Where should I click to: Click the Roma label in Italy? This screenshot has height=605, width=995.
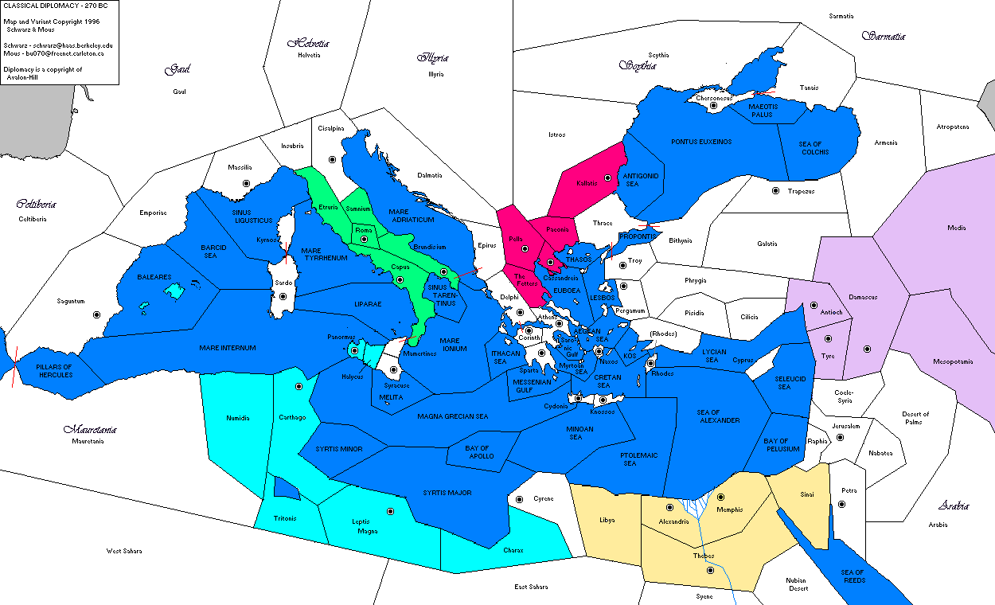coord(364,230)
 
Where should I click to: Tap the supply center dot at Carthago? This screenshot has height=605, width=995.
coord(298,386)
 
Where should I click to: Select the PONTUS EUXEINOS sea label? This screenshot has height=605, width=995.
coord(700,142)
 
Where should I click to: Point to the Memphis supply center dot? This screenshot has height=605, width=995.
coord(720,497)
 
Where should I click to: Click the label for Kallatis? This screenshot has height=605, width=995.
coord(586,183)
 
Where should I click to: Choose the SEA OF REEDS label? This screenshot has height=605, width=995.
coord(853,576)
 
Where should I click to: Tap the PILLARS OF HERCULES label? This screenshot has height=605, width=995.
coord(55,370)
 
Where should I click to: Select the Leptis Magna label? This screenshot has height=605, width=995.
coord(365,526)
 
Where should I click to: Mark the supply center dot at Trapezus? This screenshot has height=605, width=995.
coord(775,190)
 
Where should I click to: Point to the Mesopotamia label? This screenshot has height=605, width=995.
coord(953,361)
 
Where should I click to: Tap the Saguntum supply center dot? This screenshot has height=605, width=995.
coord(96,314)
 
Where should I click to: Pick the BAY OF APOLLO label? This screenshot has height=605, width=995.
coord(481,452)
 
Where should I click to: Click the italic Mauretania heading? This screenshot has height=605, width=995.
coord(91,430)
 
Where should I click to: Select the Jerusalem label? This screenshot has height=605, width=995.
coord(845,426)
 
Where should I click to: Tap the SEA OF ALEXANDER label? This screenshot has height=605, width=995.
coord(718,416)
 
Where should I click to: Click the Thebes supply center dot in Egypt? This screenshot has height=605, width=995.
coord(710,569)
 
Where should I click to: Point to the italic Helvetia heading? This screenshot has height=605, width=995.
coord(308,44)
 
